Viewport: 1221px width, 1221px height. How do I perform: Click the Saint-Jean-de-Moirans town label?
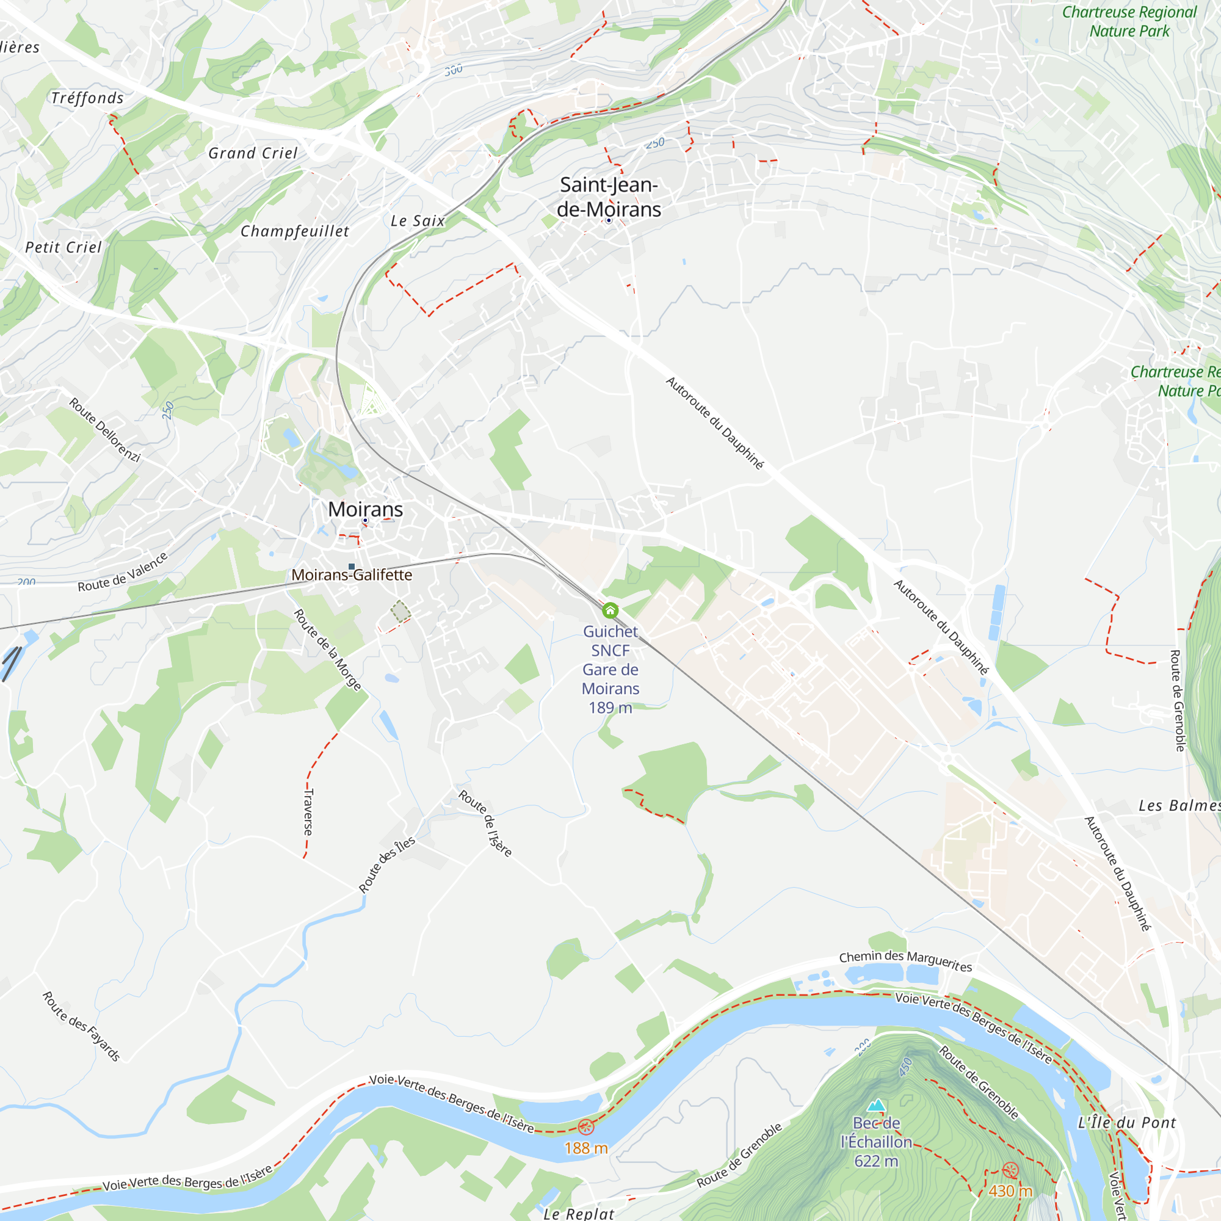click(609, 197)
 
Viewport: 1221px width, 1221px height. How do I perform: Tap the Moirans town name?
click(365, 509)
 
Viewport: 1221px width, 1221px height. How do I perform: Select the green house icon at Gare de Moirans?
click(610, 610)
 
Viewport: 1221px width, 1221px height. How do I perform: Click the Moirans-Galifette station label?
click(352, 575)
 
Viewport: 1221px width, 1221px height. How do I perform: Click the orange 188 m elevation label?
click(586, 1148)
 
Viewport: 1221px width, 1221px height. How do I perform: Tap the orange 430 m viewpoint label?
click(1010, 1191)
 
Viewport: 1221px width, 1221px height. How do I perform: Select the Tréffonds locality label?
click(87, 98)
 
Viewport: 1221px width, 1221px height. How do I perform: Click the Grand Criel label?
click(253, 154)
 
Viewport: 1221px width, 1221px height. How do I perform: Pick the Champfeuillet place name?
click(294, 231)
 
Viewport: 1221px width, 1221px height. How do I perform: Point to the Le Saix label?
click(418, 221)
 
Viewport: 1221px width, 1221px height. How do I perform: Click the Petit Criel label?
click(63, 247)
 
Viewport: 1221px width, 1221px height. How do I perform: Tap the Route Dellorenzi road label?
click(104, 430)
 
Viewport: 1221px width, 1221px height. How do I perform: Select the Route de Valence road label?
click(123, 572)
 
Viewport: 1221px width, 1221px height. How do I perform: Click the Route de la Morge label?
click(327, 650)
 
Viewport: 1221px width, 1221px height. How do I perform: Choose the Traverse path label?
click(308, 812)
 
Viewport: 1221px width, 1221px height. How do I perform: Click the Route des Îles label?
click(387, 864)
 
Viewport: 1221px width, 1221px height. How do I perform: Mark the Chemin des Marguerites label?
click(905, 960)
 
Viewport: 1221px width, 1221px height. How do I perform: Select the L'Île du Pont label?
click(1127, 1123)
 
